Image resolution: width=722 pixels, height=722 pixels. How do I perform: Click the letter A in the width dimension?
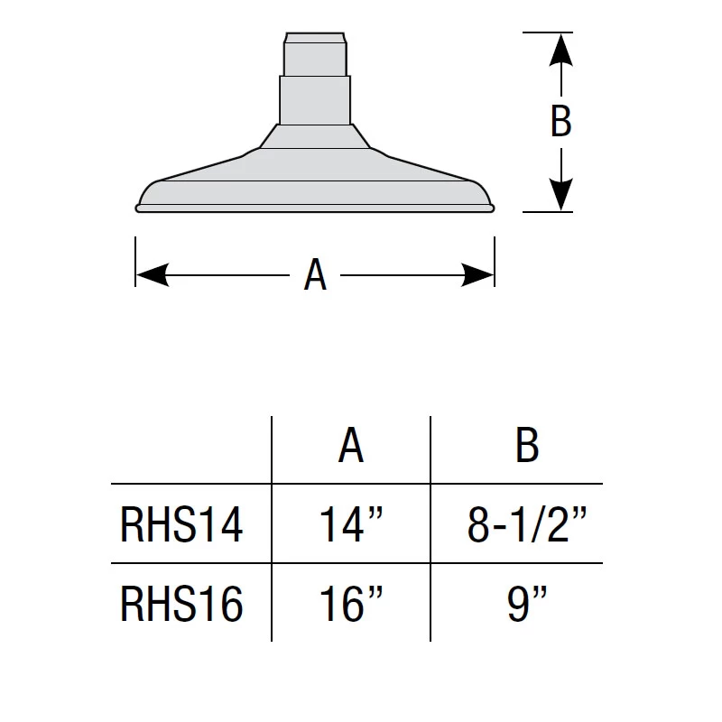point(315,274)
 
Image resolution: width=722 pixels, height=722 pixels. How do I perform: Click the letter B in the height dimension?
point(560,121)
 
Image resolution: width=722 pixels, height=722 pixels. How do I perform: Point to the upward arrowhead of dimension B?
point(560,48)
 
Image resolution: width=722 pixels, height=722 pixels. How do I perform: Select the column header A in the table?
point(351,445)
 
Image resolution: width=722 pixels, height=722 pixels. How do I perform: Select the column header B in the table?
point(526,445)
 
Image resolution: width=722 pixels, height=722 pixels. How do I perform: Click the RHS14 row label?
point(181,524)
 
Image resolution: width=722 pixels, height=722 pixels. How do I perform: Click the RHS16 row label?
point(181,604)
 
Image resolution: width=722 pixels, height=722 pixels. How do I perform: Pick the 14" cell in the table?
point(351,524)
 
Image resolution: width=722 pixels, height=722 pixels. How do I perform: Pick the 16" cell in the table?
point(351,604)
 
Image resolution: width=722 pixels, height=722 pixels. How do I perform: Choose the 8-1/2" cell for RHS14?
point(526,524)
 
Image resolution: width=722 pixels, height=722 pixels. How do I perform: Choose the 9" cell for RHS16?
point(526,604)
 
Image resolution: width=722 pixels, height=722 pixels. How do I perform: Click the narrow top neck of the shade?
point(314,55)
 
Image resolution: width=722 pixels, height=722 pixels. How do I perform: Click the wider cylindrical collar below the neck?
point(314,99)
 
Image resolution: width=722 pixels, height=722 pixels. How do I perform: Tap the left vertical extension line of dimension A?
point(135,262)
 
